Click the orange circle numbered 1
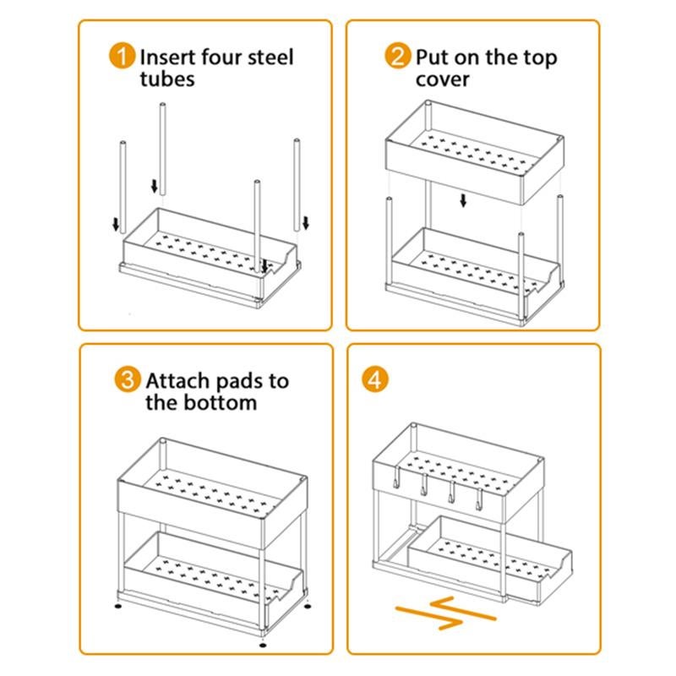[123, 57]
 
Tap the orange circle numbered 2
[397, 57]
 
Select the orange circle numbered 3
[127, 379]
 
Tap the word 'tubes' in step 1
[167, 79]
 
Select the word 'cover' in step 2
[443, 79]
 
